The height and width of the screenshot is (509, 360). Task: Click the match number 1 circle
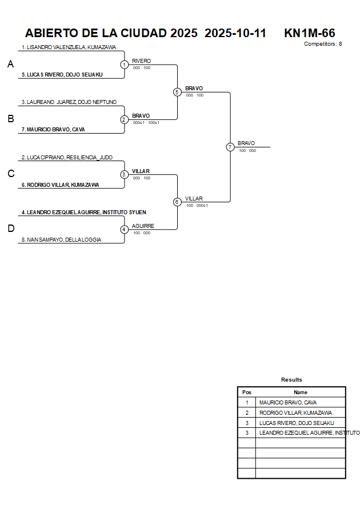[124, 65]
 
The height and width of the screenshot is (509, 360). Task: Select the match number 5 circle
[177, 92]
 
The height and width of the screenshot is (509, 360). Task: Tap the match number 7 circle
[230, 147]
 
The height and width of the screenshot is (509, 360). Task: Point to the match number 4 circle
[124, 230]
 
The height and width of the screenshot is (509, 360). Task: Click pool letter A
[10, 65]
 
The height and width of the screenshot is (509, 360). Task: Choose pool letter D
[10, 229]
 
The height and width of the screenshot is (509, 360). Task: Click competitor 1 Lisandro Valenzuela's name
[69, 47]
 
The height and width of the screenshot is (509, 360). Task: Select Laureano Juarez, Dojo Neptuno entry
[69, 102]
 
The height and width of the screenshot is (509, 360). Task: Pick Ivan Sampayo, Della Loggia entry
[61, 240]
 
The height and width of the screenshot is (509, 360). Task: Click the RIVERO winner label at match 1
[141, 61]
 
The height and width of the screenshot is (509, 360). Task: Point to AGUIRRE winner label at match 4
[143, 226]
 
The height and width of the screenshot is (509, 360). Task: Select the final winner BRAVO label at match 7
[246, 143]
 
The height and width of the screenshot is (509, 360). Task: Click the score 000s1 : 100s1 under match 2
[146, 123]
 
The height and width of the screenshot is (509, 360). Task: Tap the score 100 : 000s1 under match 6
[197, 205]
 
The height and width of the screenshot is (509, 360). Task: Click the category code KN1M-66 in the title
[309, 33]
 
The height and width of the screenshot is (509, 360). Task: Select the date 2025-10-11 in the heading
[235, 33]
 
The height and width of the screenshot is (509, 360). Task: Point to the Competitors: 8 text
[323, 44]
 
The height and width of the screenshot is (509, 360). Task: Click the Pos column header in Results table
[247, 392]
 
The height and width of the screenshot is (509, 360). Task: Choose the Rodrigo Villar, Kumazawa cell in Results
[295, 412]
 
